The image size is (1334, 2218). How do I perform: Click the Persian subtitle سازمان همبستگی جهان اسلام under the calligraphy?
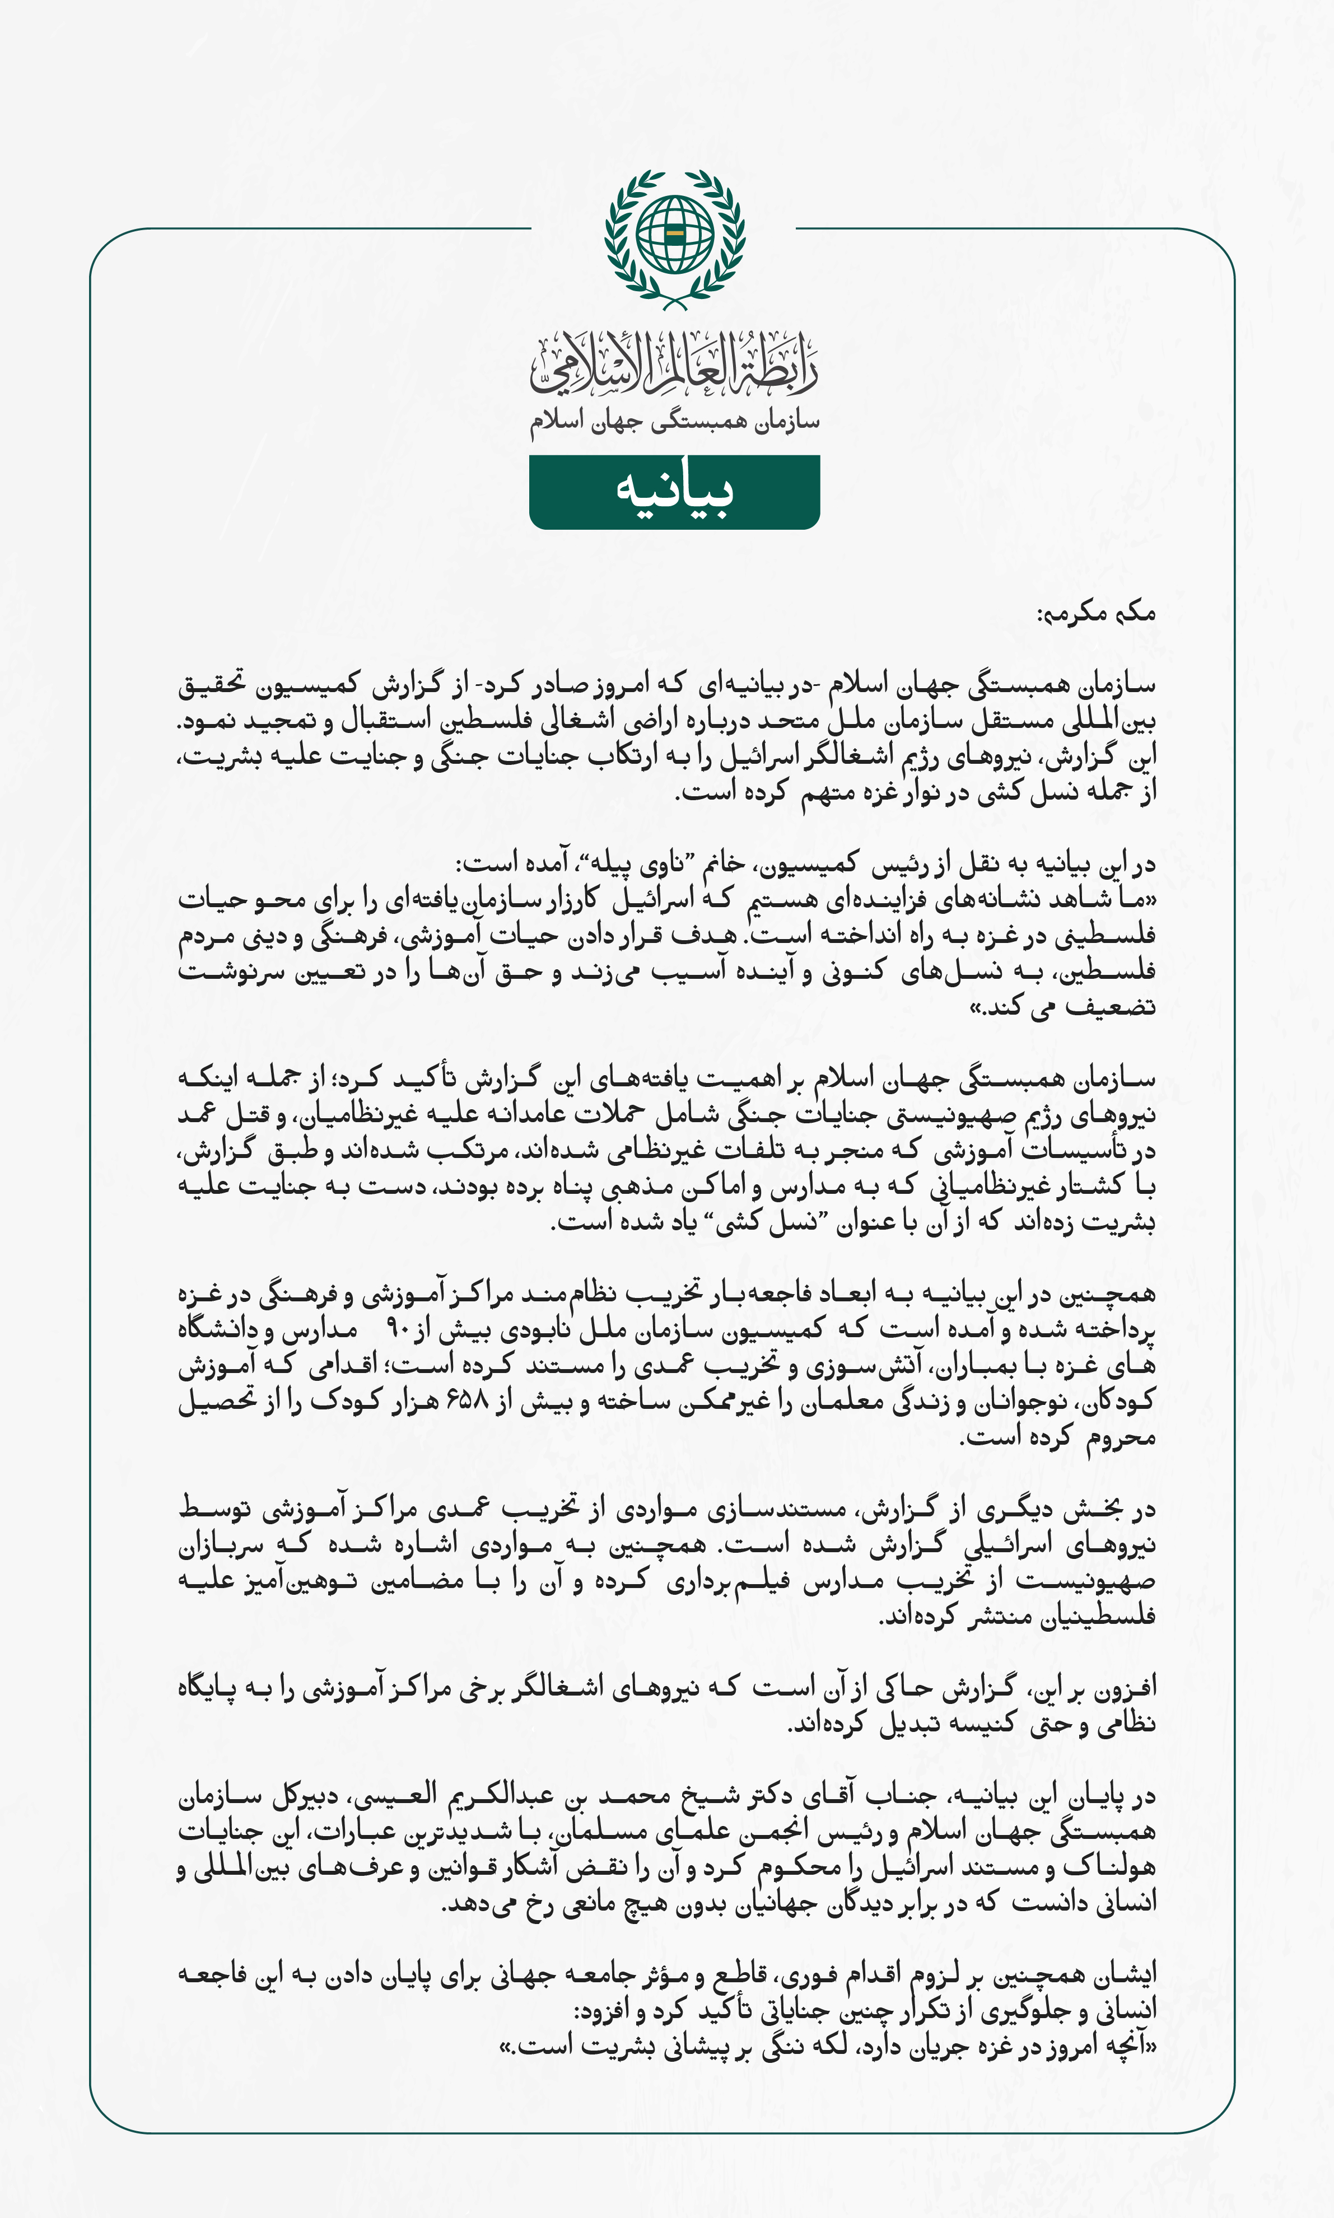click(x=674, y=421)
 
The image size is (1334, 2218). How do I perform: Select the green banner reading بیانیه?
click(x=674, y=492)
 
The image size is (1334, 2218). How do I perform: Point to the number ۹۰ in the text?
click(x=398, y=1329)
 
